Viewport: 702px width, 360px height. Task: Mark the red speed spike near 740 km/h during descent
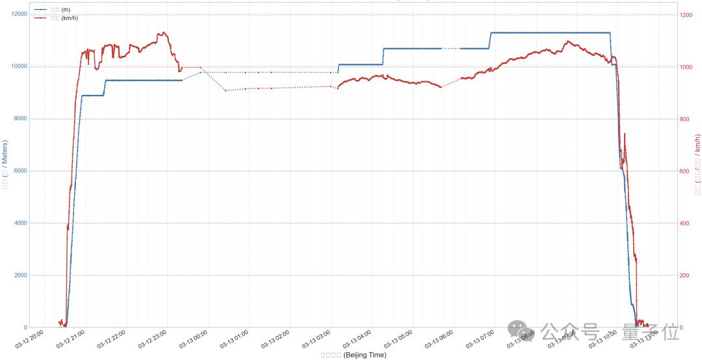pyautogui.click(x=625, y=134)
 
